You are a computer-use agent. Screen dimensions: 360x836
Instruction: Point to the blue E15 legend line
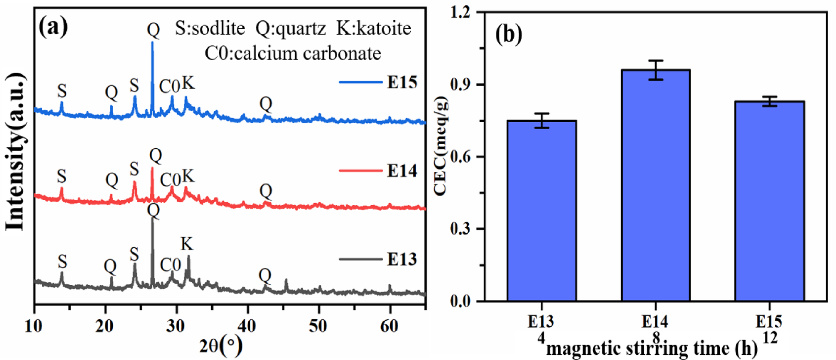pyautogui.click(x=360, y=82)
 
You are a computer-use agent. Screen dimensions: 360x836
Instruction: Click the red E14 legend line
pyautogui.click(x=360, y=170)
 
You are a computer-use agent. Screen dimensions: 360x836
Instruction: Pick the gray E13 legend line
pyautogui.click(x=360, y=259)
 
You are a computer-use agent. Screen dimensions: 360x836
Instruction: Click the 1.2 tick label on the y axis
pyautogui.click(x=461, y=12)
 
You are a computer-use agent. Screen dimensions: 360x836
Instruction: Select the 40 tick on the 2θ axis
pyautogui.click(x=248, y=327)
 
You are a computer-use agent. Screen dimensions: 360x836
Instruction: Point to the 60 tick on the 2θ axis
pyautogui.click(x=389, y=327)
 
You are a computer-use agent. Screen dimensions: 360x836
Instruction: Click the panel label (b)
pyautogui.click(x=508, y=34)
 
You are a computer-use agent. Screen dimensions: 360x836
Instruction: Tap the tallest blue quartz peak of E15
pyautogui.click(x=153, y=44)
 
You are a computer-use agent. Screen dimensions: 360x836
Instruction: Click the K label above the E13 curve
pyautogui.click(x=187, y=244)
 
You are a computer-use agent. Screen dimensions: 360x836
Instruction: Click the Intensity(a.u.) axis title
pyautogui.click(x=16, y=152)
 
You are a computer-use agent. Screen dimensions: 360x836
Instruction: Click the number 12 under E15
pyautogui.click(x=770, y=338)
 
